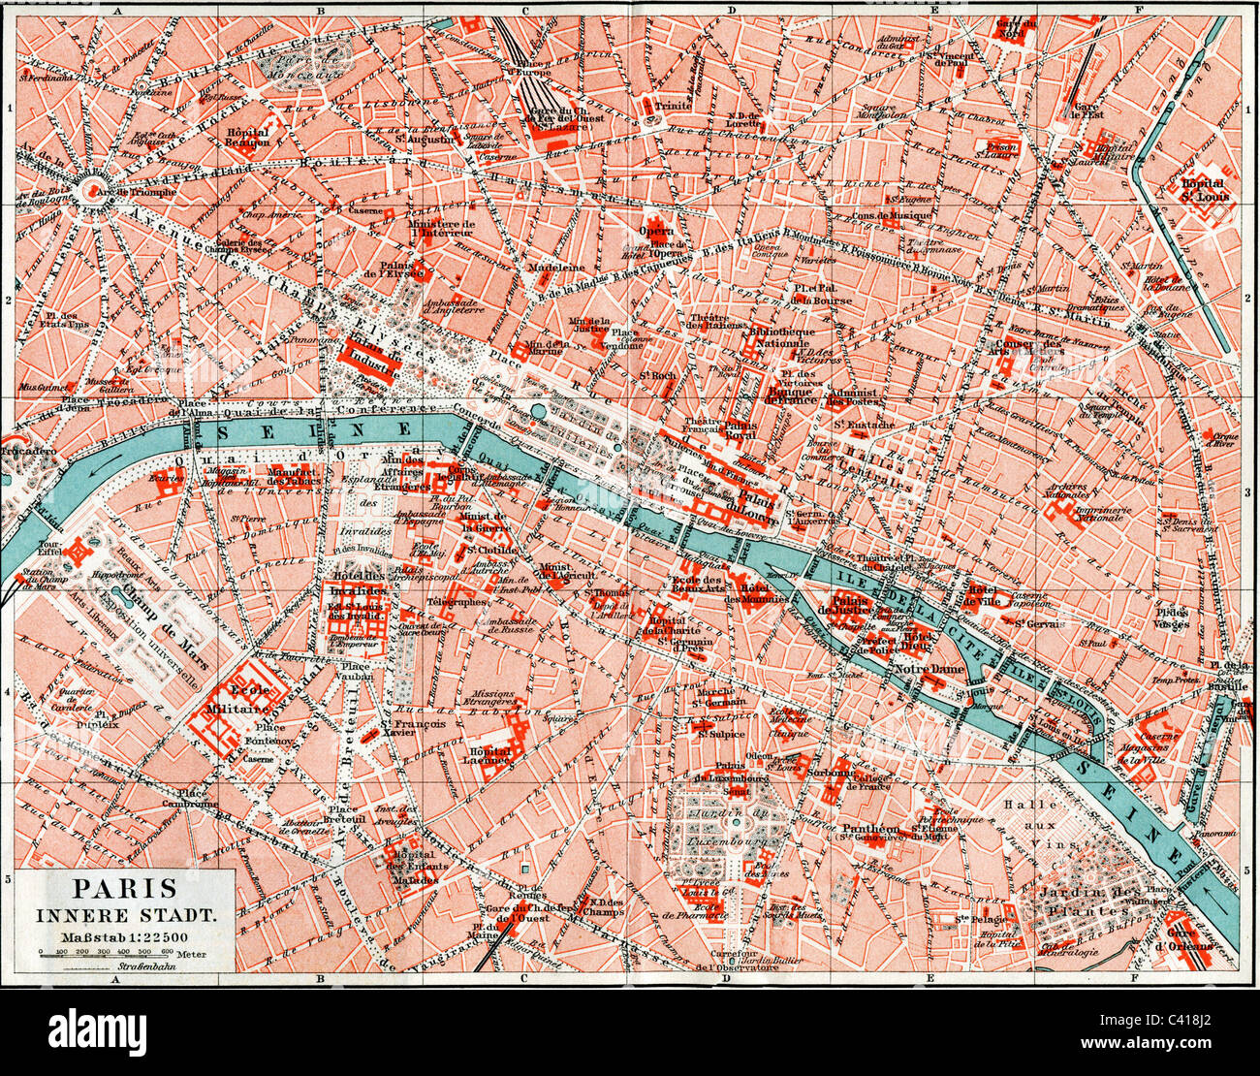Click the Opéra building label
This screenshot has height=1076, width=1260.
[655, 232]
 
